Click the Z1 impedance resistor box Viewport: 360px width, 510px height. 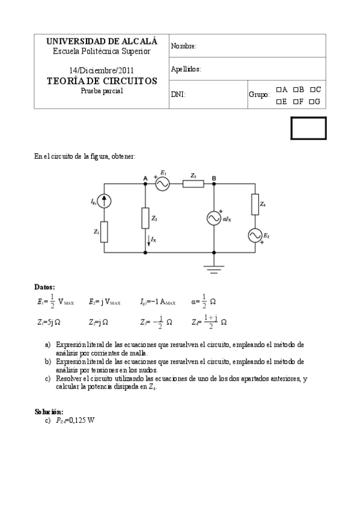coord(105,232)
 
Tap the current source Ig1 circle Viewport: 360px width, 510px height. coord(105,201)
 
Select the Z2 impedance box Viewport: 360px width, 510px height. coord(145,218)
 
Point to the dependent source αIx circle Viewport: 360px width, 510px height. coord(215,218)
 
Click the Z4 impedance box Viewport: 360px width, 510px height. coord(255,204)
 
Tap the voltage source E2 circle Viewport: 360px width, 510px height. coord(255,235)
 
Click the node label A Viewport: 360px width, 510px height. coord(145,177)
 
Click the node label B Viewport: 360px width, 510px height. coord(214,177)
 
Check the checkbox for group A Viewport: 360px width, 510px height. coord(279,90)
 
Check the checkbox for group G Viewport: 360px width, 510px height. coord(313,101)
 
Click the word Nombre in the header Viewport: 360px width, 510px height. coord(184,46)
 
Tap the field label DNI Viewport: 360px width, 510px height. coord(178,95)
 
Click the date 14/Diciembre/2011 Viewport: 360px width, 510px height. coord(102,70)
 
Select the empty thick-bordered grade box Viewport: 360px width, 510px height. coord(309,128)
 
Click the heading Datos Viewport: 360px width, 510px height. coord(46,287)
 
